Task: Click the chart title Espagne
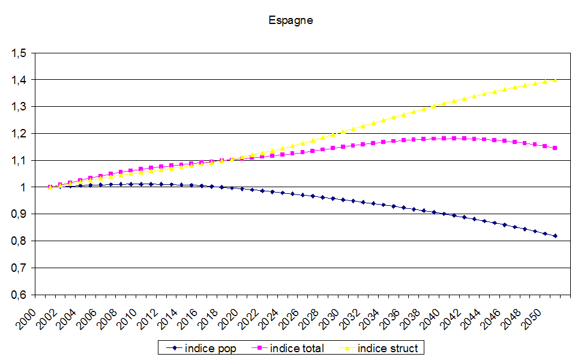pyautogui.click(x=290, y=20)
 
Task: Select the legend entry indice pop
pyautogui.click(x=211, y=348)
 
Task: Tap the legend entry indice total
pyautogui.click(x=297, y=348)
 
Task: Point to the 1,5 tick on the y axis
pyautogui.click(x=19, y=53)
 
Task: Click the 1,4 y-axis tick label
pyautogui.click(x=19, y=80)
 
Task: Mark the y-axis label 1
pyautogui.click(x=23, y=187)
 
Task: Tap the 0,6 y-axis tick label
pyautogui.click(x=19, y=295)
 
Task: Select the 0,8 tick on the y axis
pyautogui.click(x=19, y=241)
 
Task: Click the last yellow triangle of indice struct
pyautogui.click(x=555, y=80)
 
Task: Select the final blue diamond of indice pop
pyautogui.click(x=555, y=236)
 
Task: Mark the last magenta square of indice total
pyautogui.click(x=555, y=148)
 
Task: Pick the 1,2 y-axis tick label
pyautogui.click(x=19, y=134)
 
